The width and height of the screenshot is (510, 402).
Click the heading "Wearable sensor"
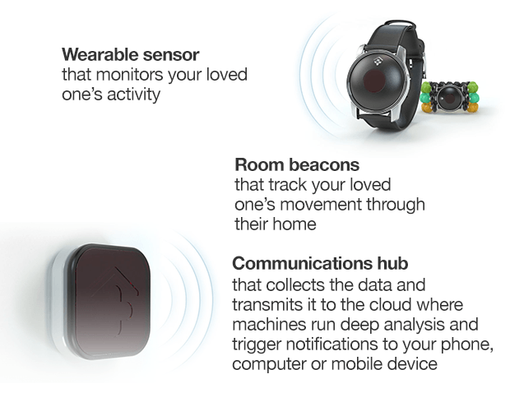[131, 54]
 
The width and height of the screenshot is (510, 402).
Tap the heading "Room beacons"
[297, 164]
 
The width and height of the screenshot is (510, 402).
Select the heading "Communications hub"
[320, 263]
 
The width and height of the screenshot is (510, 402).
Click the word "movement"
[321, 205]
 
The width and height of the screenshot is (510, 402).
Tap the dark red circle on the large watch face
[374, 81]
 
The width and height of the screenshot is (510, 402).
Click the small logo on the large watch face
[378, 61]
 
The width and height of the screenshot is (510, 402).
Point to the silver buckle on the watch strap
[424, 63]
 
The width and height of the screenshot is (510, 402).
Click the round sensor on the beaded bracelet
[449, 98]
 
